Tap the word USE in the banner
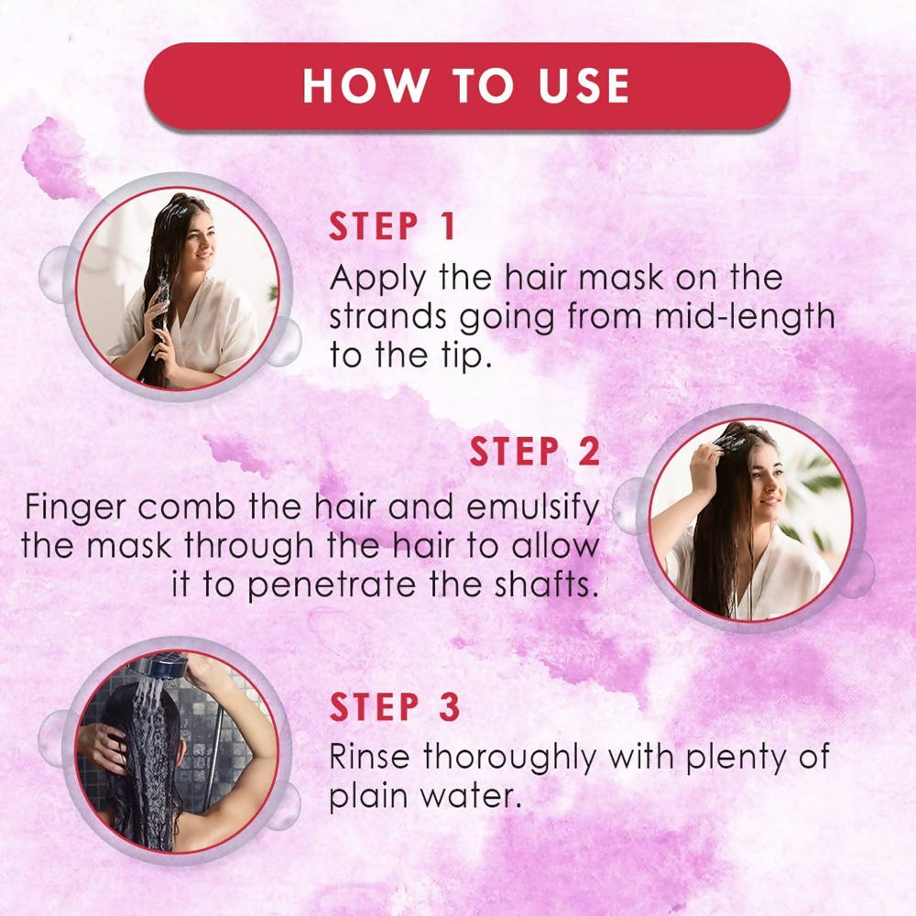tap(583, 86)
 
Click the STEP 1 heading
tap(391, 226)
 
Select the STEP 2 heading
tap(535, 452)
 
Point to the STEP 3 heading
tap(394, 707)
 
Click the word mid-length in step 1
tap(744, 317)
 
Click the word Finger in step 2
tap(75, 507)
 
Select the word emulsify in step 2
tap(533, 507)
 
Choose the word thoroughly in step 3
tap(509, 758)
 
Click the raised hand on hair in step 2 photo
tap(705, 466)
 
